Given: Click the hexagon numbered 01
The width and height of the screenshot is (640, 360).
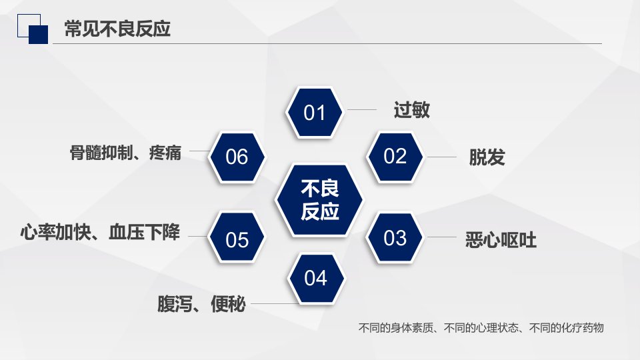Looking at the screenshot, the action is tap(314, 112).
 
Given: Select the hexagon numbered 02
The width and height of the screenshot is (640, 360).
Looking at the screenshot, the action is tap(395, 156).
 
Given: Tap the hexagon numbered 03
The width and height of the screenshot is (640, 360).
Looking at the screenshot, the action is tap(395, 237).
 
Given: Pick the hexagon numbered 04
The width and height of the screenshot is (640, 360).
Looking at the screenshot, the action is tap(315, 279).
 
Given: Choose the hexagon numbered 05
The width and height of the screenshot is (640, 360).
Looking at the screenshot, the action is tap(237, 237).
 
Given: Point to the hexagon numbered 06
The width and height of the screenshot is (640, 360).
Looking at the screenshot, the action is tap(237, 157).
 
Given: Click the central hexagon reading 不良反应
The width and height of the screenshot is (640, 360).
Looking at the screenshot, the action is tap(319, 201).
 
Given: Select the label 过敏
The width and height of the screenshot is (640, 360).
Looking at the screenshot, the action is tap(411, 110).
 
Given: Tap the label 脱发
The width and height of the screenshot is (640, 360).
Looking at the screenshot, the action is tap(487, 157).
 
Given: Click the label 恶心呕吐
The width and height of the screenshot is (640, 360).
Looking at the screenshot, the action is tap(501, 239).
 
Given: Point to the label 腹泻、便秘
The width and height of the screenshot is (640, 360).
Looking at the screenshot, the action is tap(201, 304).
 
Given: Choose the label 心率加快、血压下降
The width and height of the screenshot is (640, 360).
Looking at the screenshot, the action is tap(101, 232).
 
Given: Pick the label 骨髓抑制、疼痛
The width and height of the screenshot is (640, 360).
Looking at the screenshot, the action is tap(125, 153).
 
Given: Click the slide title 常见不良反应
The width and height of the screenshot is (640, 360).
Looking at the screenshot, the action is tap(117, 29).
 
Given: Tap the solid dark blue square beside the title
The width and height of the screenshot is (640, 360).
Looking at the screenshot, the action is tap(39, 35).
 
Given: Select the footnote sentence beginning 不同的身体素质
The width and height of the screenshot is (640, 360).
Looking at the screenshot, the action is tap(481, 328).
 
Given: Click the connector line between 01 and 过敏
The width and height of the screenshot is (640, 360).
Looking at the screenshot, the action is tap(361, 109).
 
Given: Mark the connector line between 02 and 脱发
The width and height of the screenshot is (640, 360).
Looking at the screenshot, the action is tap(441, 157).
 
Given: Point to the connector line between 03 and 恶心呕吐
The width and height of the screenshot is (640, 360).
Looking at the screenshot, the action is tap(441, 237).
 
